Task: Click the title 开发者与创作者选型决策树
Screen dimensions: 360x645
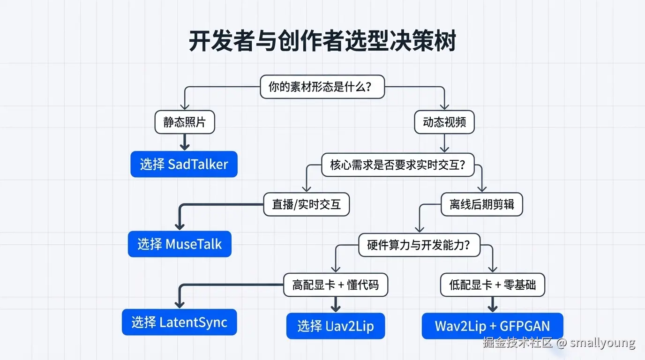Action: pyautogui.click(x=322, y=41)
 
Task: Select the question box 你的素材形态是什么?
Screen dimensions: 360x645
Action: pyautogui.click(x=322, y=87)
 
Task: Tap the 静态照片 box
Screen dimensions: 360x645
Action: pyautogui.click(x=185, y=122)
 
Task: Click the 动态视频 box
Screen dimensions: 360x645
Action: pyautogui.click(x=444, y=122)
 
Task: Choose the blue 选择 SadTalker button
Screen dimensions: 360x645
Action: pyautogui.click(x=184, y=164)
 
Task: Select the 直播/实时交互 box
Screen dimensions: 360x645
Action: pyautogui.click(x=307, y=204)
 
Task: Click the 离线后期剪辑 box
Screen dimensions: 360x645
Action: pyautogui.click(x=482, y=204)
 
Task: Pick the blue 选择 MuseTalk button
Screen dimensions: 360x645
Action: pyautogui.click(x=180, y=244)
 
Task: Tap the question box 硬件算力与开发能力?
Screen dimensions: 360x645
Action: pyautogui.click(x=419, y=245)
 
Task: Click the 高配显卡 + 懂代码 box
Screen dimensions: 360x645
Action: pyautogui.click(x=336, y=285)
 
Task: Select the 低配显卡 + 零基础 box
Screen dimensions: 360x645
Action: pyautogui.click(x=492, y=285)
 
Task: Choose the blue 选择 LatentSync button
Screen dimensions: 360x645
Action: pyautogui.click(x=179, y=322)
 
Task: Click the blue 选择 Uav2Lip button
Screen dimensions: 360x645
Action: pyautogui.click(x=336, y=326)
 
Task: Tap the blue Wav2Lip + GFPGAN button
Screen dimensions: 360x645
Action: pyautogui.click(x=492, y=326)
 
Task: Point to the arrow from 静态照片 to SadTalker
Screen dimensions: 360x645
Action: pyautogui.click(x=185, y=142)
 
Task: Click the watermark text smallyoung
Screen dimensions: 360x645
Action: pyautogui.click(x=603, y=343)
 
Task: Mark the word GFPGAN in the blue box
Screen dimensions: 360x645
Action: pyautogui.click(x=525, y=326)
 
